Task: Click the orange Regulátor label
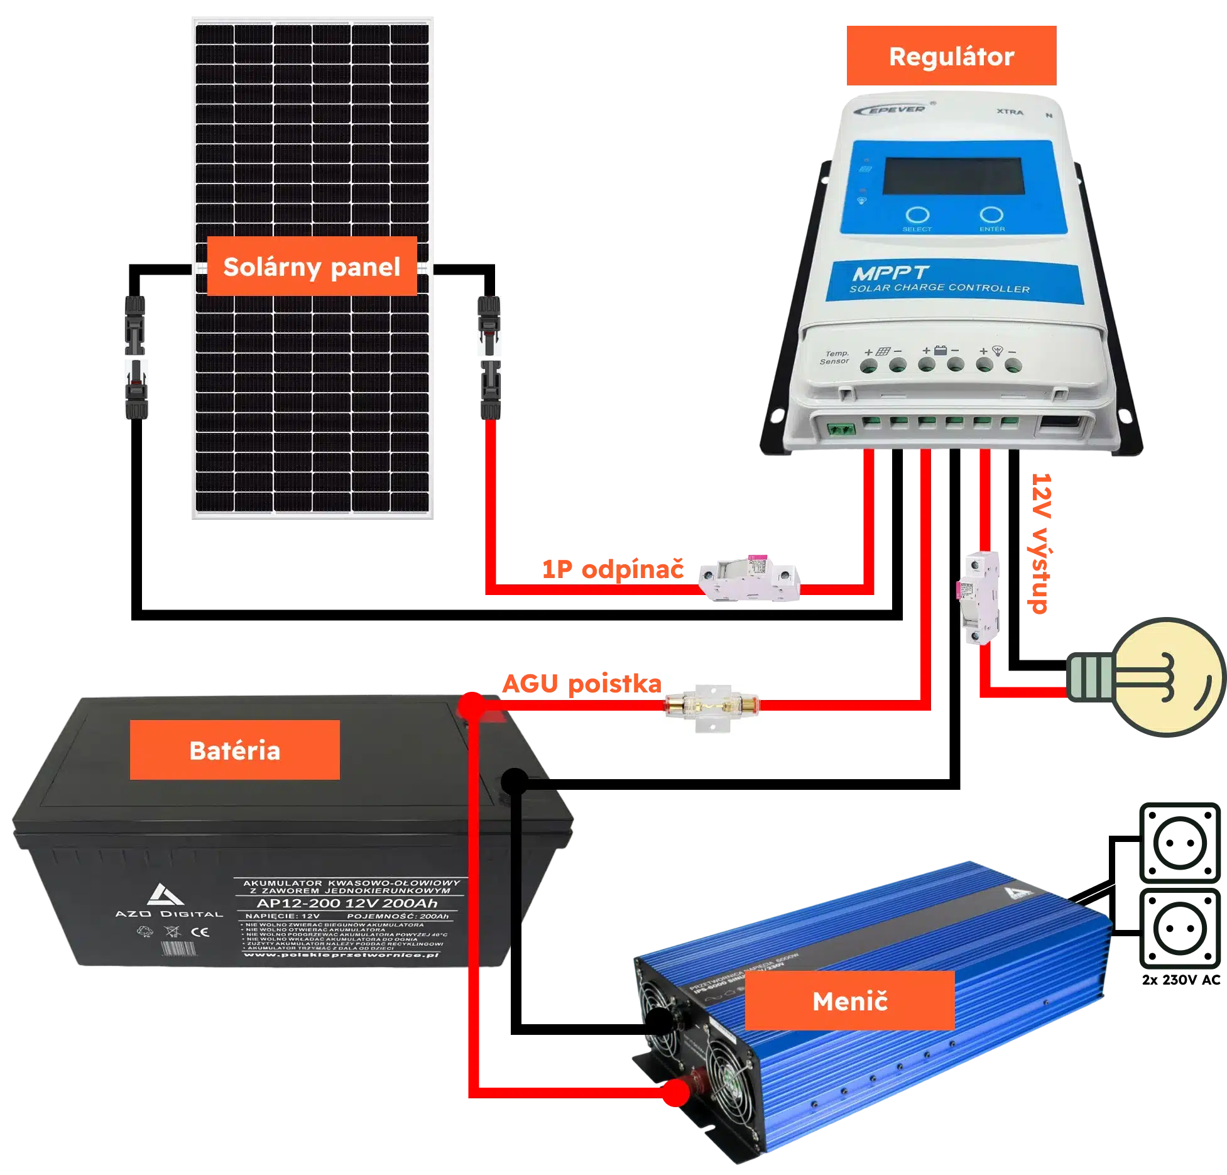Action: click(951, 57)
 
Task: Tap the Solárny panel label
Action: click(312, 266)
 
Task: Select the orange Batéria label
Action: click(234, 750)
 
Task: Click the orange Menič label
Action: click(849, 1001)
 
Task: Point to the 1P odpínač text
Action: click(613, 569)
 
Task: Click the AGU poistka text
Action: click(581, 684)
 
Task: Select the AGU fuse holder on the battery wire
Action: click(711, 704)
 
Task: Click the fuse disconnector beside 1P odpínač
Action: click(751, 578)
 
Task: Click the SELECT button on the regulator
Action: click(917, 216)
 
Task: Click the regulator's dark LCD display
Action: click(954, 177)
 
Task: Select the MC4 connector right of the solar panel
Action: click(489, 356)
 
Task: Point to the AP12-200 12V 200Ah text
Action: click(347, 904)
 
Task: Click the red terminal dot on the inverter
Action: click(676, 1094)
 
